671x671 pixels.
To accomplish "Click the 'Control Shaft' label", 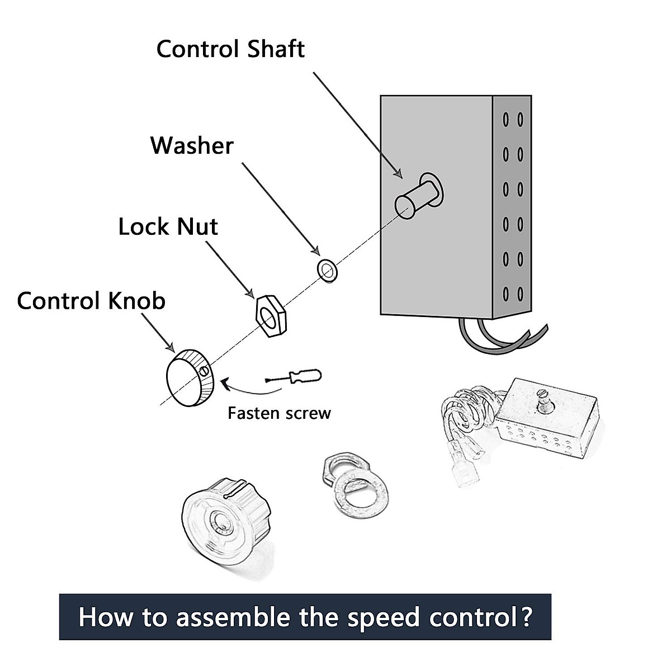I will (230, 49).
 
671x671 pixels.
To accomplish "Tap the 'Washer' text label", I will (192, 145).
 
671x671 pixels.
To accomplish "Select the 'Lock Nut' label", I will (168, 226).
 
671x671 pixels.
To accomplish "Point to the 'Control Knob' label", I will (91, 301).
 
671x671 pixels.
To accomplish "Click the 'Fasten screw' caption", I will (279, 413).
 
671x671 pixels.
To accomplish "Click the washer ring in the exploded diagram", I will (327, 270).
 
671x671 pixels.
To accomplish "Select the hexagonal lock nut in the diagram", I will (271, 316).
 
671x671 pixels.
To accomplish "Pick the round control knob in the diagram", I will (189, 377).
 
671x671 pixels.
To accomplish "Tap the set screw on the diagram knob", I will (205, 370).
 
